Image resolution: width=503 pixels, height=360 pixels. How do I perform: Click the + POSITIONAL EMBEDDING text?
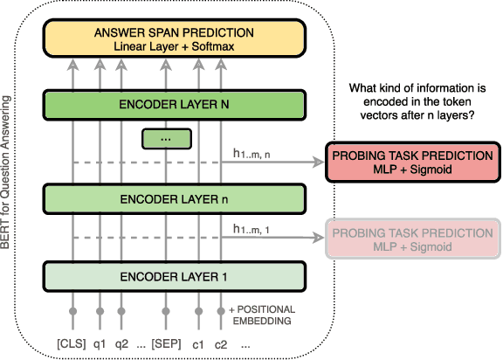tap(261, 315)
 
